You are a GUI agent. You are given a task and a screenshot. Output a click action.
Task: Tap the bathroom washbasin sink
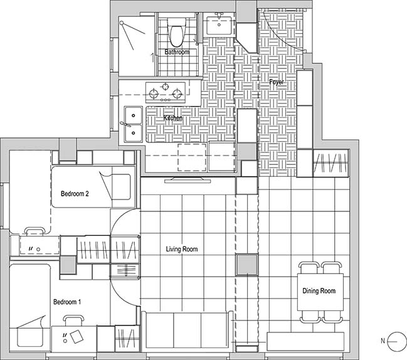pos(219,25)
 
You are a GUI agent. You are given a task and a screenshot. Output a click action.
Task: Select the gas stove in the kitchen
pos(166,92)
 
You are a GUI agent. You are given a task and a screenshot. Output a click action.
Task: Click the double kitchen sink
pos(133,124)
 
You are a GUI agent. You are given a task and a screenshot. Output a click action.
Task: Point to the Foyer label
pos(277,82)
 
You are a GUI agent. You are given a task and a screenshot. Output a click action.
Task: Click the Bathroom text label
pos(177,52)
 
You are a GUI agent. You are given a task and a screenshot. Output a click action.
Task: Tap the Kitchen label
pos(173,118)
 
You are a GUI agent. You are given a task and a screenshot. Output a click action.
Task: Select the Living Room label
pos(182,249)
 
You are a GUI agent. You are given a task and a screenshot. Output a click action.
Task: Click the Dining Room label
pos(319,291)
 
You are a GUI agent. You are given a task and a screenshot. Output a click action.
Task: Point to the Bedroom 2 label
pos(75,194)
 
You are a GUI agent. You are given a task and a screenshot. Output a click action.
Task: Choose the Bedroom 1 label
pos(67,302)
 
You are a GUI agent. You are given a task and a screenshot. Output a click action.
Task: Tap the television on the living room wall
pos(188,180)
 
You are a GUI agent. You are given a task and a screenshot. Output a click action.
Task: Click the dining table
pos(320,292)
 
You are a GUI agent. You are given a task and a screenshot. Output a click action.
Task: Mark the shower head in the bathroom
pos(122,23)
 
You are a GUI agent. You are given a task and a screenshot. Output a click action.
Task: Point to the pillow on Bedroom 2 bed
pos(121,187)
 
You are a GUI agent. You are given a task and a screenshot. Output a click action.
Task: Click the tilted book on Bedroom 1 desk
pos(77,336)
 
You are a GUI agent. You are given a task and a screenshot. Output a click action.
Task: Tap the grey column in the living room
pos(247,265)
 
